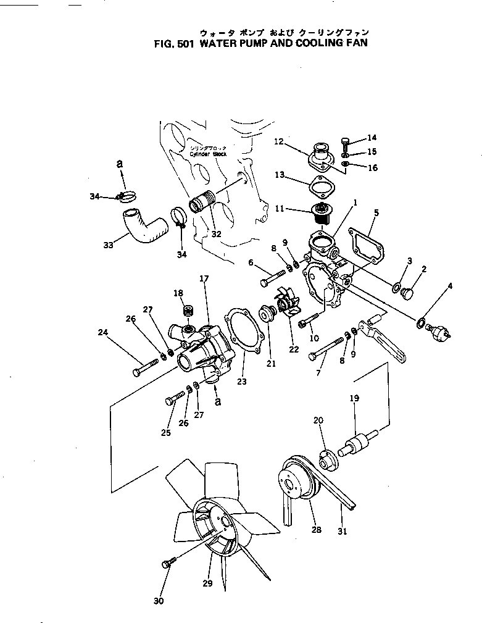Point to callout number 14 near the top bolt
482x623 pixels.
point(372,138)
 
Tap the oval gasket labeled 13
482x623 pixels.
point(319,185)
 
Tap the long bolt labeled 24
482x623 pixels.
point(144,370)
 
